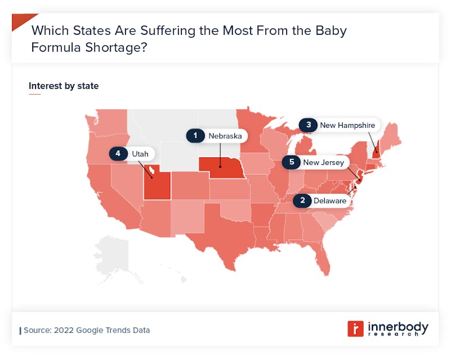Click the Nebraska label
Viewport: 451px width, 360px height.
pyautogui.click(x=224, y=135)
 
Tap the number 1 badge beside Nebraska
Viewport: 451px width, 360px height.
pyautogui.click(x=195, y=135)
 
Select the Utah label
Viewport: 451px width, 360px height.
pyautogui.click(x=139, y=154)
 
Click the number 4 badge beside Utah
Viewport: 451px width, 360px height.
pyautogui.click(x=117, y=154)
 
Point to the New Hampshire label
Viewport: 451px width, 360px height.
pyautogui.click(x=347, y=125)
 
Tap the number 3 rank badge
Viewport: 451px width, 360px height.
pyautogui.click(x=308, y=125)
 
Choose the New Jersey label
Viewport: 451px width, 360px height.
pyautogui.click(x=323, y=162)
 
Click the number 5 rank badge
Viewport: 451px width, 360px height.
pyautogui.click(x=292, y=162)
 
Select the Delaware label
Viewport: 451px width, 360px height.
pyautogui.click(x=330, y=200)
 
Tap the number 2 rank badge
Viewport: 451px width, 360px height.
pyautogui.click(x=302, y=200)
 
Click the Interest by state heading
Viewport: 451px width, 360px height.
pyautogui.click(x=64, y=86)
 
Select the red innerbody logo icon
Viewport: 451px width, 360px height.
pyautogui.click(x=355, y=328)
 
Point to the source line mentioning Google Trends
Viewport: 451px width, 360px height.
pyautogui.click(x=86, y=330)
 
